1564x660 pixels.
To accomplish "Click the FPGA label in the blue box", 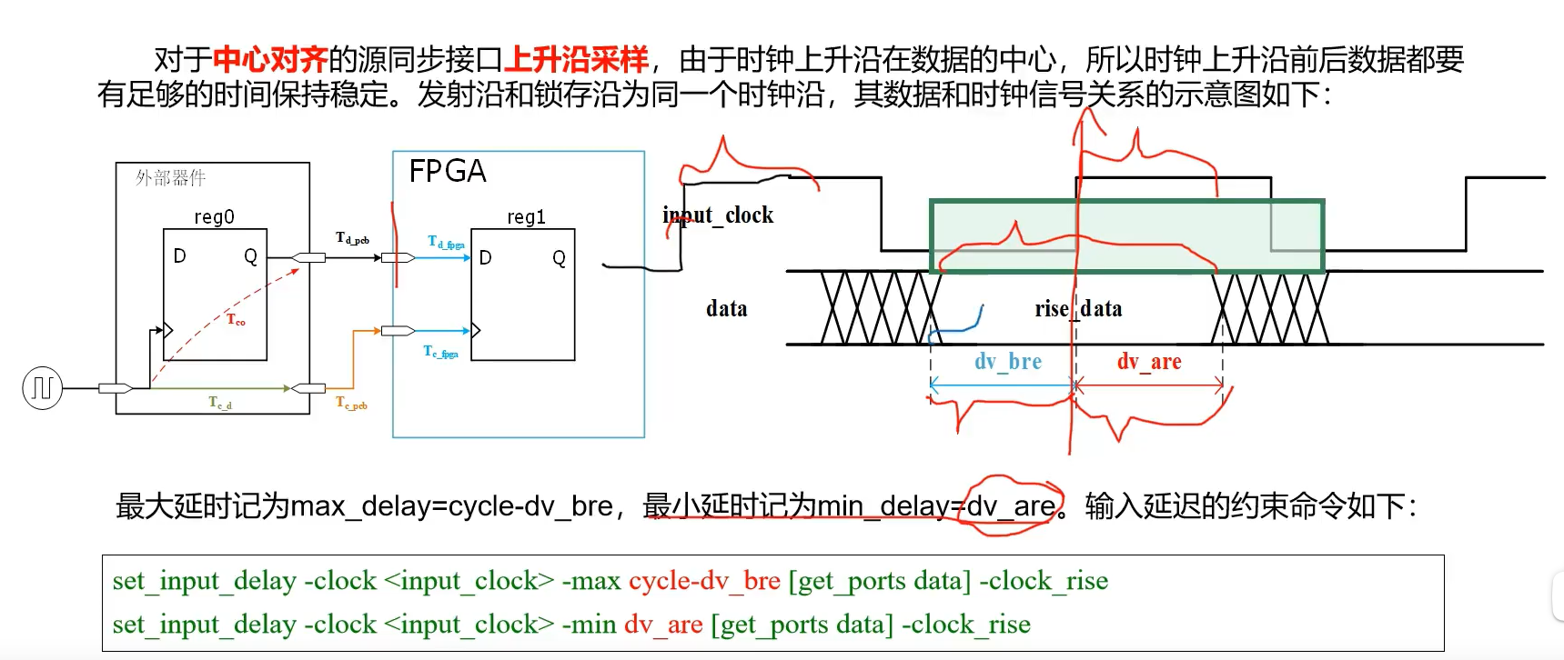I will click(447, 171).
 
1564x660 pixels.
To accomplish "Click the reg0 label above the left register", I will click(214, 217).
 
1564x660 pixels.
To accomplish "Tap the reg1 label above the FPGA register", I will click(526, 217).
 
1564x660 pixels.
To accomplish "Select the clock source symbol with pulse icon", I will click(42, 388).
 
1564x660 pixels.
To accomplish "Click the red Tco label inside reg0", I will click(236, 319).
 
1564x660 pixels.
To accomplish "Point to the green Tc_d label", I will click(220, 403).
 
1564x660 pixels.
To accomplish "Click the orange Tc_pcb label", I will click(351, 403).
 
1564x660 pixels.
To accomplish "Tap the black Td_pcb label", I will click(352, 238).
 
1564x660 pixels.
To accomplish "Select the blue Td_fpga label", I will click(446, 242).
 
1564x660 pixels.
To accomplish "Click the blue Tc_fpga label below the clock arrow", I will click(441, 352).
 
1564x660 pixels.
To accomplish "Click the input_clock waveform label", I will click(719, 215).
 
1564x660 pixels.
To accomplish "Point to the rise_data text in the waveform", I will click(1078, 309).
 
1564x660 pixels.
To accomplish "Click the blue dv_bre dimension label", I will click(1007, 362).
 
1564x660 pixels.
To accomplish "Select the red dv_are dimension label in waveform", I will click(1149, 362).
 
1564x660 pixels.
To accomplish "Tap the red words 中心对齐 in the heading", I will click(269, 60).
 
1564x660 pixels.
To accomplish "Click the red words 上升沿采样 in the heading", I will click(576, 60).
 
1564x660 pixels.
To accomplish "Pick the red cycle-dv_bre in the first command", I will click(704, 581).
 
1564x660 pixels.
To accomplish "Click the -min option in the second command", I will click(589, 625).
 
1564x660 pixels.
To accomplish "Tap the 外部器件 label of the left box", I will click(170, 178).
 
